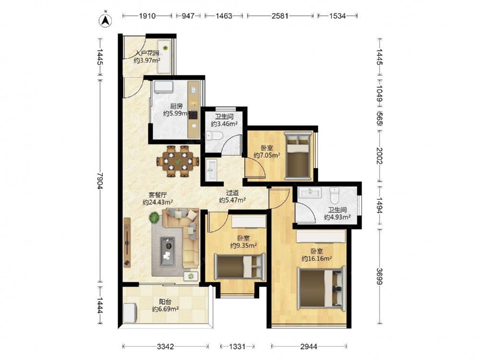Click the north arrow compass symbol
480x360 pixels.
tap(105, 20)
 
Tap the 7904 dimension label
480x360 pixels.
tap(100, 181)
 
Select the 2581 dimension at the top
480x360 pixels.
tap(280, 16)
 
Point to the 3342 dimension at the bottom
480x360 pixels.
tap(166, 347)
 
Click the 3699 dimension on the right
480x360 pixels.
tap(380, 276)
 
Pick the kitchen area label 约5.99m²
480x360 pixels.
tap(176, 114)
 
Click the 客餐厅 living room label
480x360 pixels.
tap(157, 195)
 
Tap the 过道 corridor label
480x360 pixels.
tap(232, 193)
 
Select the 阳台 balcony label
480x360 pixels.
tap(165, 301)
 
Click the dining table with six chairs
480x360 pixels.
tap(178, 161)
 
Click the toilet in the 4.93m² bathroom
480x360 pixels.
tap(335, 196)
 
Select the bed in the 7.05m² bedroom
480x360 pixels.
tap(297, 155)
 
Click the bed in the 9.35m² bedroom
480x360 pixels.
tap(240, 266)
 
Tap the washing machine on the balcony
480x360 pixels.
tap(130, 312)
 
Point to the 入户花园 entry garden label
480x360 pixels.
tap(147, 53)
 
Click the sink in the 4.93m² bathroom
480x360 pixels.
tap(310, 193)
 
